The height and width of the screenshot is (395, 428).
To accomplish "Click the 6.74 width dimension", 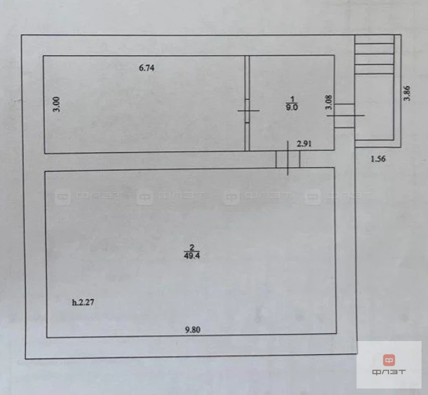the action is point(147,68).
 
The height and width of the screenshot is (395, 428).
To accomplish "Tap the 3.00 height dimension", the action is point(57,105).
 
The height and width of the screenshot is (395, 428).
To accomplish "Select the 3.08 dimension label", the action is point(329,102).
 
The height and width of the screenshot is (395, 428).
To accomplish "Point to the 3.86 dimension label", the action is point(407,94).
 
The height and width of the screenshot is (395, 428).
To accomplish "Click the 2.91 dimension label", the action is point(304,144).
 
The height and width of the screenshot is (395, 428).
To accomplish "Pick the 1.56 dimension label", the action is point(378,159).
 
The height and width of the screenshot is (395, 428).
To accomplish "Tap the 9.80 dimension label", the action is point(193,330).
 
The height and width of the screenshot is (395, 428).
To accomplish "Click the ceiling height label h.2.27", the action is point(83,302).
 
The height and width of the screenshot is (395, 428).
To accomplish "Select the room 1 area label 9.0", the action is point(292,107).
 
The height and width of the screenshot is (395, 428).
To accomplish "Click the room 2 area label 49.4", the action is point(192,256).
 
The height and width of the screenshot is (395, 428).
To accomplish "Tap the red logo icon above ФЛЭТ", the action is point(388,360).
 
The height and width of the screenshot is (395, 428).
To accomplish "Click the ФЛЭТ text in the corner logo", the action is point(388,372).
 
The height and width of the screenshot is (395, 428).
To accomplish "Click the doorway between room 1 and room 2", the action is point(288,159).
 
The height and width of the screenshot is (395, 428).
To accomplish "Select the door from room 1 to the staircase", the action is point(344,116).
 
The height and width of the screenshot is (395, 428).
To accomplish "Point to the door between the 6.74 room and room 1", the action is point(247,110).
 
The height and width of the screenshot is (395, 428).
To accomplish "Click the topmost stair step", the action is point(374,40).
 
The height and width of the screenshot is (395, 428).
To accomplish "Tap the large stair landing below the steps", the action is point(374,107).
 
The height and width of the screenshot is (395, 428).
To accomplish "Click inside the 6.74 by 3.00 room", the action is point(145,109).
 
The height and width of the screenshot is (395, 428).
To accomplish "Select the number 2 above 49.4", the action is point(192,248).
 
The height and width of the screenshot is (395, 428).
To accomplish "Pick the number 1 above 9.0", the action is point(292,99).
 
